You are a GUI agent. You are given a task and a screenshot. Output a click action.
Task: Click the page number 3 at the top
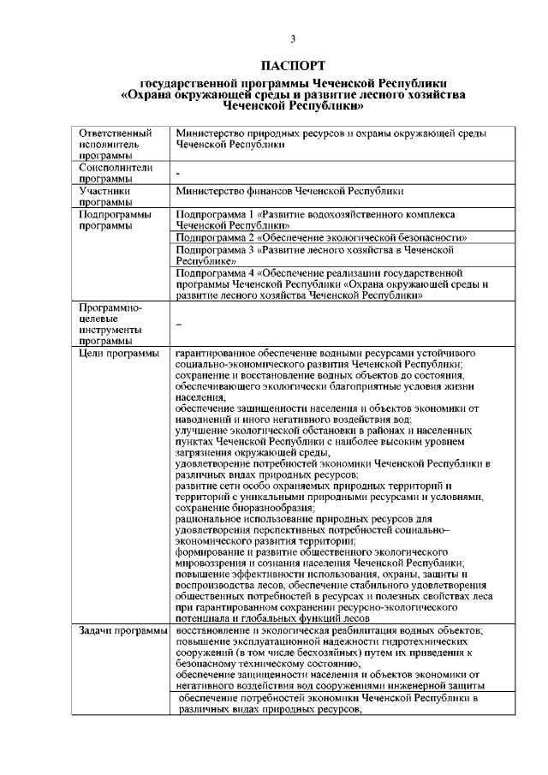(x=293, y=39)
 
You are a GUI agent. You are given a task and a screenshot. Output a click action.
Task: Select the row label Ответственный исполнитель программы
(x=116, y=145)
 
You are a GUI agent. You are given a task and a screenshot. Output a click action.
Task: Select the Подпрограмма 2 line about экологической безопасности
(x=321, y=236)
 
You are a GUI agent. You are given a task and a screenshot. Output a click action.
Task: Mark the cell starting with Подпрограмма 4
(x=320, y=283)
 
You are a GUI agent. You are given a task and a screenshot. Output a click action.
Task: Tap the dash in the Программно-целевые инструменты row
(x=178, y=325)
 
